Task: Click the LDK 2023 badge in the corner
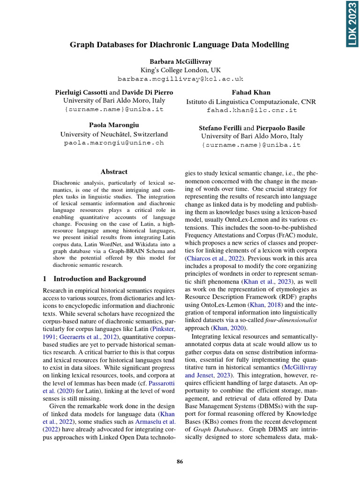(352, 24)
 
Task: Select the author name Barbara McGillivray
(180, 61)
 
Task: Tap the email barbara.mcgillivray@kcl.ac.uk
(180, 79)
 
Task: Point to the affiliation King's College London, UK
(180, 70)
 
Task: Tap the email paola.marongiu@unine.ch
(114, 142)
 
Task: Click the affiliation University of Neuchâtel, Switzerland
(114, 134)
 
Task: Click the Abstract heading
(114, 172)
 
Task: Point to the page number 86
(180, 462)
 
